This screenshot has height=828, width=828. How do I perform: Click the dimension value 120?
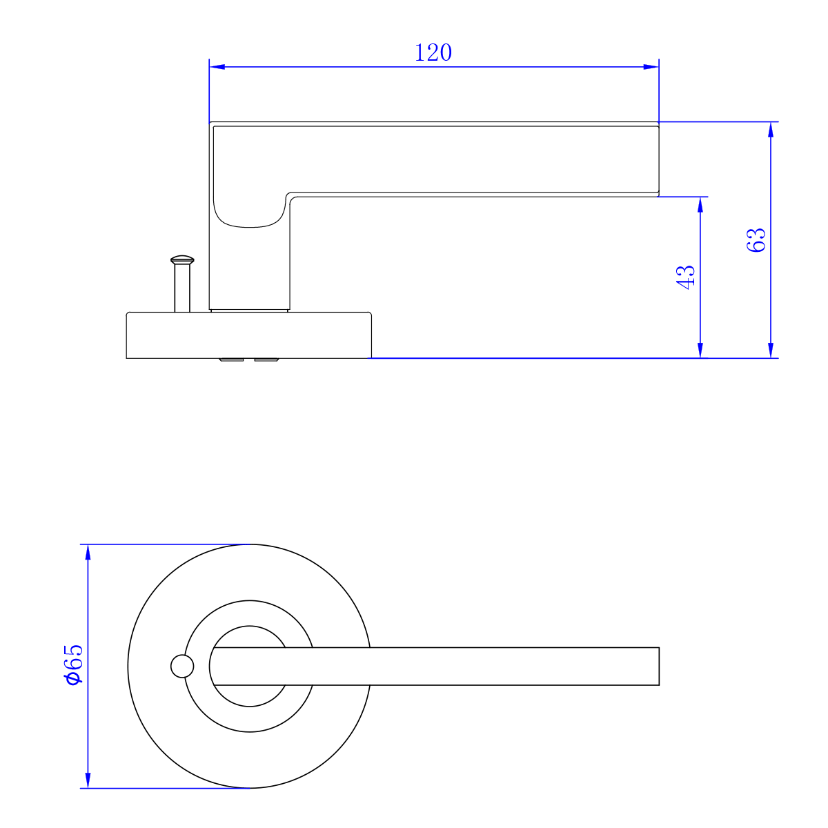tap(433, 52)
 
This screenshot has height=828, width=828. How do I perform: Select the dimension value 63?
tap(757, 239)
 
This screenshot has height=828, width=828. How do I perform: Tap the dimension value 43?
tap(685, 277)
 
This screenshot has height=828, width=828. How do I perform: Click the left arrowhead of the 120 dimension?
tap(217, 67)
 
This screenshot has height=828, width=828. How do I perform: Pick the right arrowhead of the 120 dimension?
tap(651, 67)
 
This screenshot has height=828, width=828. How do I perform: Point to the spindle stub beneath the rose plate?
tap(248, 360)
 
